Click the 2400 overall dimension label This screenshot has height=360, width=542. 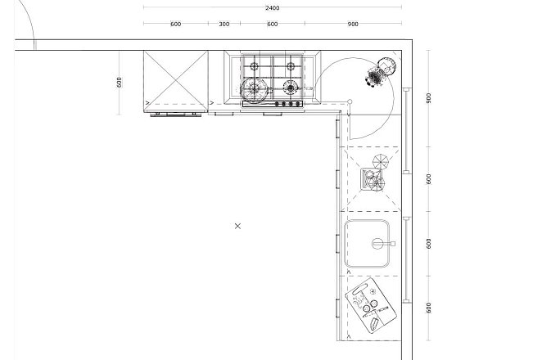click(x=273, y=7)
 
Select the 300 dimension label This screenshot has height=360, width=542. click(x=224, y=24)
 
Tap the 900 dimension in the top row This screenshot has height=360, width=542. click(x=353, y=24)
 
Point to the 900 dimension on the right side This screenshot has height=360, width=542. click(x=429, y=98)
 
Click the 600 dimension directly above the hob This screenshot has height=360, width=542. click(x=273, y=24)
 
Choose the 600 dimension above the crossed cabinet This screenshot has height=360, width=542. click(x=175, y=24)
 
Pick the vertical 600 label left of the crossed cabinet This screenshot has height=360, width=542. click(x=119, y=82)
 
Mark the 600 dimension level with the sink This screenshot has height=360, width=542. click(x=429, y=243)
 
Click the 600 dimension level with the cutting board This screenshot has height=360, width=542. click(x=429, y=308)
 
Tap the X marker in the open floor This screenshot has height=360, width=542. click(x=237, y=226)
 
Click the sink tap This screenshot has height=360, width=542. click(x=383, y=244)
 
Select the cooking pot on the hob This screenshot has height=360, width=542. click(x=255, y=91)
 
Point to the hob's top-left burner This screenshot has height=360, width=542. click(x=255, y=66)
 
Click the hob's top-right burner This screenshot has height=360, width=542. click(x=291, y=66)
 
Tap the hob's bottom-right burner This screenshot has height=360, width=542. click(x=291, y=88)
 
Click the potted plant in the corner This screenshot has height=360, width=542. click(x=380, y=72)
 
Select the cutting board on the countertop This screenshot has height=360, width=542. click(x=371, y=305)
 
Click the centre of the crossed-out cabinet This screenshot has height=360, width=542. click(x=176, y=81)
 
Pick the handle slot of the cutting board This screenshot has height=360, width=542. click(x=360, y=290)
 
